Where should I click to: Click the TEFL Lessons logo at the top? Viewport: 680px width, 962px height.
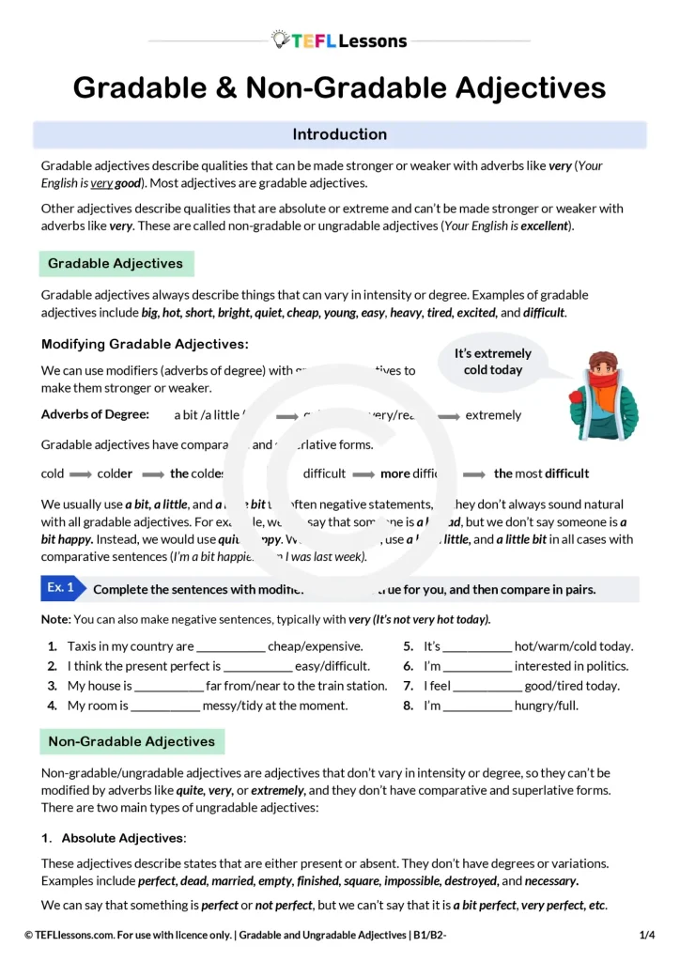pyautogui.click(x=339, y=40)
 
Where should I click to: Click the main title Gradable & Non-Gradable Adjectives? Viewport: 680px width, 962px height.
pyautogui.click(x=339, y=87)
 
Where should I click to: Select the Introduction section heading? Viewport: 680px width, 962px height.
pyautogui.click(x=339, y=134)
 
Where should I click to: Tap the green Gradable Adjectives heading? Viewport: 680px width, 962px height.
pyautogui.click(x=116, y=264)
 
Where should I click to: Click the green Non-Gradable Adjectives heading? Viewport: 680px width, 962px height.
pyautogui.click(x=131, y=741)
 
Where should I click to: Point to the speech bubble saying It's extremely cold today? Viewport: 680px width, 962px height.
pyautogui.click(x=492, y=362)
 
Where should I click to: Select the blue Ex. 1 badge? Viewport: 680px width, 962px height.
pyautogui.click(x=62, y=588)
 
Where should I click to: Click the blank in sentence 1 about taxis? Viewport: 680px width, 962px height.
pyautogui.click(x=231, y=647)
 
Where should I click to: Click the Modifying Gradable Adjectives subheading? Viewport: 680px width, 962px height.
pyautogui.click(x=145, y=345)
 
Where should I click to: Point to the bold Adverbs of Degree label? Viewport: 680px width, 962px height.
pyautogui.click(x=95, y=414)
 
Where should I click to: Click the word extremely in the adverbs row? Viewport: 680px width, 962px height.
pyautogui.click(x=493, y=415)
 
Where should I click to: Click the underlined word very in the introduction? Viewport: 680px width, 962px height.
pyautogui.click(x=100, y=183)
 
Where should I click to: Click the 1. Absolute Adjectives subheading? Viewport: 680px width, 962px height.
pyautogui.click(x=114, y=837)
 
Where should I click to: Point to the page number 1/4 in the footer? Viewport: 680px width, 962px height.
pyautogui.click(x=646, y=935)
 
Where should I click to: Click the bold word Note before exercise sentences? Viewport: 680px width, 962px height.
pyautogui.click(x=54, y=620)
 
